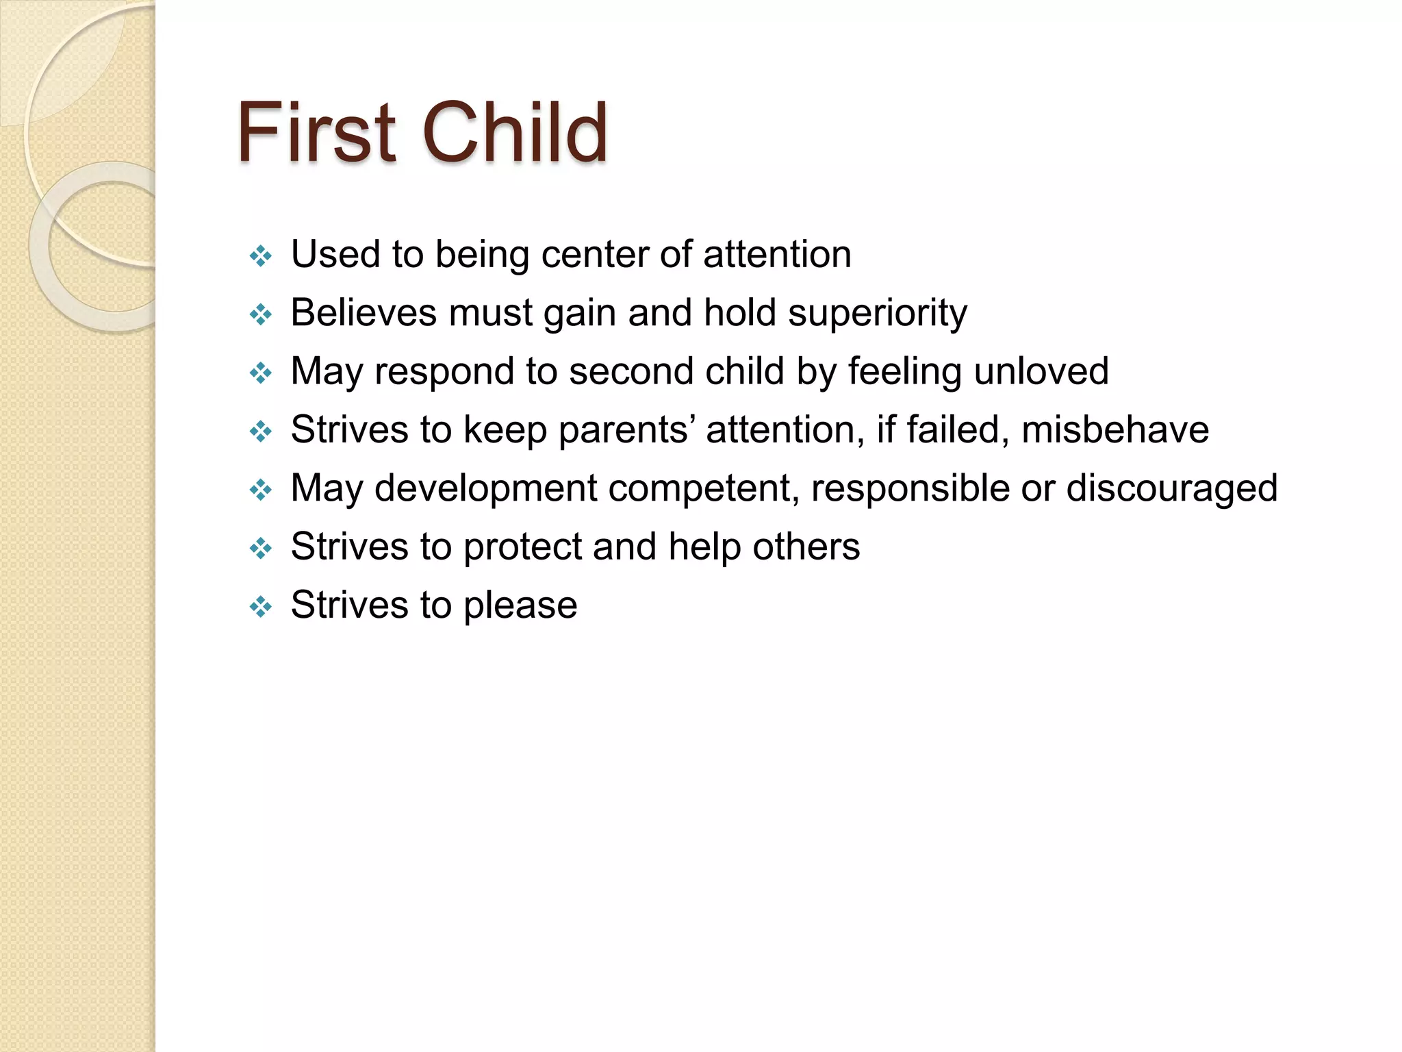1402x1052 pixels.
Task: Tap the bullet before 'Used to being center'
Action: pos(261,257)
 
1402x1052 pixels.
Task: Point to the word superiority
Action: pos(878,313)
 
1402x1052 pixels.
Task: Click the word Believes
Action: pos(364,313)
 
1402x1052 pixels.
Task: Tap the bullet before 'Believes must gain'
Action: pos(261,315)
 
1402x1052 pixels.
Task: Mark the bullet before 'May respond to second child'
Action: pos(261,374)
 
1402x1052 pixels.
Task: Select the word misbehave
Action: pos(1115,430)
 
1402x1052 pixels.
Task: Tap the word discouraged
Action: pos(1172,489)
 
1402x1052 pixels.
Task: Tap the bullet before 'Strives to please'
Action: pos(261,607)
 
